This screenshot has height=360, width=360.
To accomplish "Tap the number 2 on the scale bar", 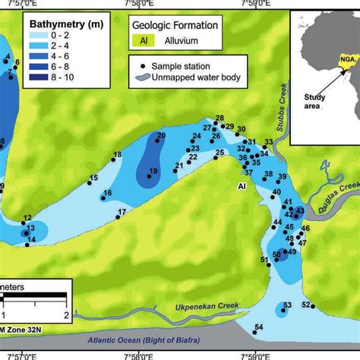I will point(66,315).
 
